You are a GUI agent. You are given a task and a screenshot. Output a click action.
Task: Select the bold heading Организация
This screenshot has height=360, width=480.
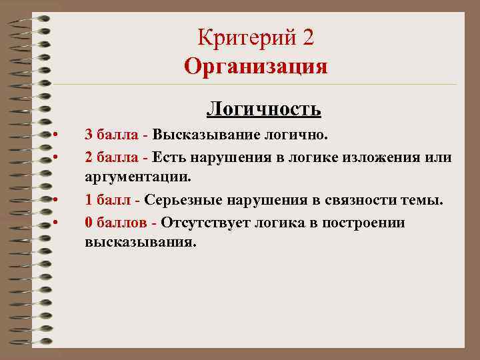256,67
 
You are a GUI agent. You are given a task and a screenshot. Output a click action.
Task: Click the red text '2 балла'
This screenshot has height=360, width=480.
111,157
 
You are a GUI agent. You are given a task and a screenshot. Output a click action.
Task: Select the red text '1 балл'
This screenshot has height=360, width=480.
108,200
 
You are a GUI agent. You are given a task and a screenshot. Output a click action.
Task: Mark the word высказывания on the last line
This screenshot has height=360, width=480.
141,243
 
